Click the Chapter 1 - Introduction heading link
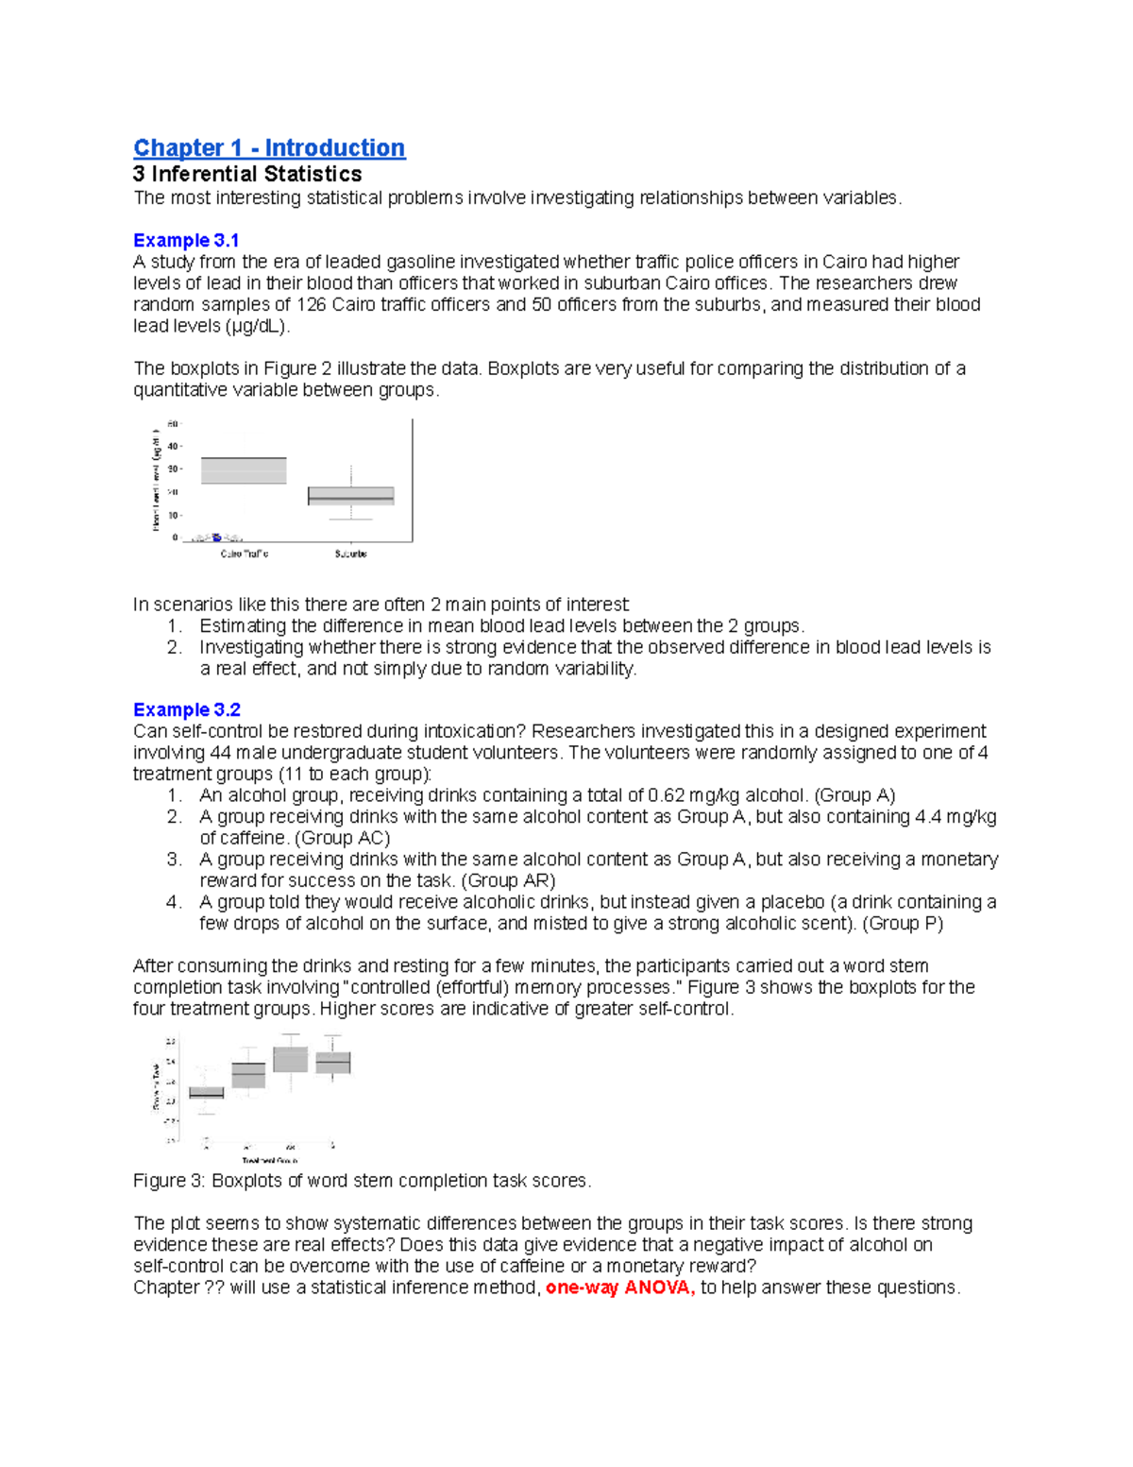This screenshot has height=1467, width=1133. coord(269,148)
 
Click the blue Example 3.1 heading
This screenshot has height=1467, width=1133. coord(186,240)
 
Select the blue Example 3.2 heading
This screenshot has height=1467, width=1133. coord(186,709)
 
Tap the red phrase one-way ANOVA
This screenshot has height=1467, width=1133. coord(620,1288)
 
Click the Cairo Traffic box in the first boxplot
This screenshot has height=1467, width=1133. coord(244,470)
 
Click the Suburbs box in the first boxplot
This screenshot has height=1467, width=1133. coord(350,496)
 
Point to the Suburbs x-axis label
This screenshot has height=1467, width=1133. coord(350,554)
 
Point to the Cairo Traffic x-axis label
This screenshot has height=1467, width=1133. coord(244,554)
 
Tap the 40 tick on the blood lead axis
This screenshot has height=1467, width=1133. coord(173,447)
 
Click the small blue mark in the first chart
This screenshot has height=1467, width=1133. coord(216,537)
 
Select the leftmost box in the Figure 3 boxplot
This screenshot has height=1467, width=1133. coord(207,1093)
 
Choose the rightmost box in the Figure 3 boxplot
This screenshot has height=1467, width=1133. coord(332,1063)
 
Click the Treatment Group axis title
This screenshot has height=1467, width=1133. coord(270,1160)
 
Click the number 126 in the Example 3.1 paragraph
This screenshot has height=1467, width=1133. coord(312,304)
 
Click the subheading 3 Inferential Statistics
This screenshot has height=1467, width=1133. coord(247,174)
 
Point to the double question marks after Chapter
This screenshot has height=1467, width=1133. coord(214,1288)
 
